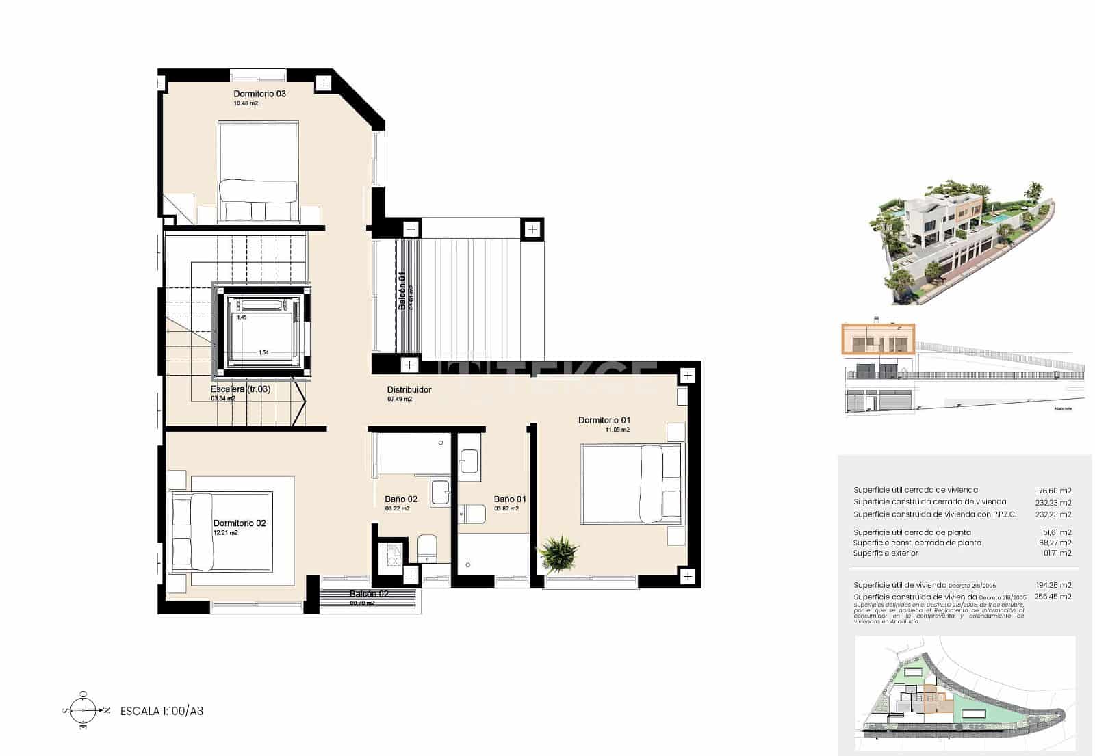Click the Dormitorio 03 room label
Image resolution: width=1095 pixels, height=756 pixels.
pyautogui.click(x=259, y=94)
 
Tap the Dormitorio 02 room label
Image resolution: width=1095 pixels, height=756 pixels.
pyautogui.click(x=240, y=523)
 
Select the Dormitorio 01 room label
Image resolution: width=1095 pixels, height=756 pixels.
pyautogui.click(x=604, y=420)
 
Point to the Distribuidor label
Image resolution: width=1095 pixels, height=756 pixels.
pyautogui.click(x=409, y=390)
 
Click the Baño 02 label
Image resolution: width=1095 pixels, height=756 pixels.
pyautogui.click(x=401, y=499)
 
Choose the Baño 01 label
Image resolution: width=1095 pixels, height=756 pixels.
pyautogui.click(x=510, y=499)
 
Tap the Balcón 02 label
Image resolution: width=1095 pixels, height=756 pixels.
pyautogui.click(x=369, y=594)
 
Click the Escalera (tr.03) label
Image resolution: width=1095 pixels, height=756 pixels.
pyautogui.click(x=240, y=389)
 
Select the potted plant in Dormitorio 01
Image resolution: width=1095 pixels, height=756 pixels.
pyautogui.click(x=558, y=551)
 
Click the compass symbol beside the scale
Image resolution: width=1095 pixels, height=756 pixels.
pyautogui.click(x=83, y=710)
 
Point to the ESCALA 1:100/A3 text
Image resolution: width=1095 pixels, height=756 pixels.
pyautogui.click(x=162, y=711)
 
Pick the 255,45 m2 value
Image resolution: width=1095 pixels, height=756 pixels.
pyautogui.click(x=1057, y=597)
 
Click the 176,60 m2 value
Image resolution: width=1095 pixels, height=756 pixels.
pyautogui.click(x=1054, y=491)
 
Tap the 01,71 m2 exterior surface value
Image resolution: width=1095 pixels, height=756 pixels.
pyautogui.click(x=1057, y=553)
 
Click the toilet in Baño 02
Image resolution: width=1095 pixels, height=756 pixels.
pyautogui.click(x=427, y=548)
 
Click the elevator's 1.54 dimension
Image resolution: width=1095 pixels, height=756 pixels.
pyautogui.click(x=263, y=353)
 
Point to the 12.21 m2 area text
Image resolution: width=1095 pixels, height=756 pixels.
pyautogui.click(x=226, y=533)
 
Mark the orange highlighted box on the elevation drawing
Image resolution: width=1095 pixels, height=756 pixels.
pyautogui.click(x=878, y=339)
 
